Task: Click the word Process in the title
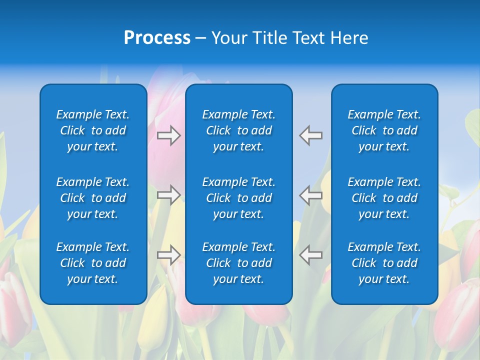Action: [x=157, y=38]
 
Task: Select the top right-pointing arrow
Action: [x=168, y=135]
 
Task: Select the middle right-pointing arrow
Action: [x=168, y=194]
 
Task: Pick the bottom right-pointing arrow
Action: [x=168, y=254]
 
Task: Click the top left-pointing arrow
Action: [x=311, y=135]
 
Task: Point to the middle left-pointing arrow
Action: [x=311, y=194]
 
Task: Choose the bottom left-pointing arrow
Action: [x=311, y=254]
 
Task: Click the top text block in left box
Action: [x=93, y=130]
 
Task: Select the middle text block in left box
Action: [x=93, y=198]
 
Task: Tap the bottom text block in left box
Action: [x=93, y=263]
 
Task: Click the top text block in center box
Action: [x=239, y=130]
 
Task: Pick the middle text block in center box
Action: [x=239, y=198]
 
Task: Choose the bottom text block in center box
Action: [x=239, y=263]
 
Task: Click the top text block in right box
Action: [x=384, y=130]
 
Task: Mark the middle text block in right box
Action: [x=384, y=198]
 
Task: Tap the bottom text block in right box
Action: [x=384, y=263]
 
